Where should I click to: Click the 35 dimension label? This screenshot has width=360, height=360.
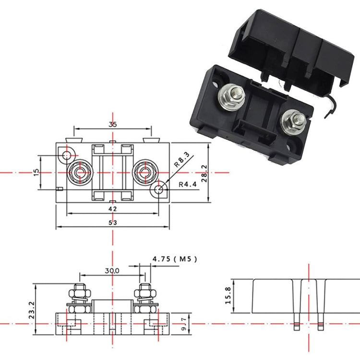[x=113, y=124]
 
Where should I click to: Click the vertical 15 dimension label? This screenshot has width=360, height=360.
[x=37, y=171]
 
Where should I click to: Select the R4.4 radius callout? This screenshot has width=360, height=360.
[x=187, y=184]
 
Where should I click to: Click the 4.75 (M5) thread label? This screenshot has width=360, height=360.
[x=174, y=259]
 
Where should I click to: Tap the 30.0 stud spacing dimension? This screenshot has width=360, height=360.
[x=112, y=271]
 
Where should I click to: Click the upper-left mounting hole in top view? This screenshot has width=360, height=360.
[x=66, y=154]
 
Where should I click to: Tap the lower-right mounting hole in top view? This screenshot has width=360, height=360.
[x=159, y=190]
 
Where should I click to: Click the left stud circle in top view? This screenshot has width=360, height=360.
[x=78, y=172]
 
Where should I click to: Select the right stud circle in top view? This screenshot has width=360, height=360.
[x=145, y=172]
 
